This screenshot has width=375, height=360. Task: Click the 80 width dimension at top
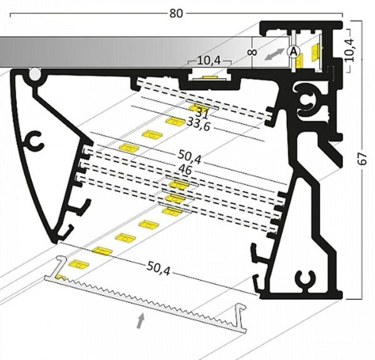click(x=176, y=13)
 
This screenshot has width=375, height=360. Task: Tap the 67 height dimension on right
click(x=362, y=158)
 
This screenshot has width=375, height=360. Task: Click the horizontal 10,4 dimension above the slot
click(x=209, y=61)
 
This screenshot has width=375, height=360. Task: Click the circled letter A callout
click(x=293, y=51)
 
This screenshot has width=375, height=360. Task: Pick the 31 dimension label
click(x=202, y=113)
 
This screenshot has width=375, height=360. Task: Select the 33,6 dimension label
click(x=198, y=125)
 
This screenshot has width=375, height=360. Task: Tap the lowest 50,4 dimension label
click(x=158, y=269)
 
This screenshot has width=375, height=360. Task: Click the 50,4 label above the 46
click(x=190, y=157)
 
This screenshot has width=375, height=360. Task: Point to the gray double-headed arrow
click(x=275, y=54)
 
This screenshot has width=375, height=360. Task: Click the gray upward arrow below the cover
click(x=141, y=321)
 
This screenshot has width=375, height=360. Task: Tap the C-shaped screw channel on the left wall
click(x=34, y=141)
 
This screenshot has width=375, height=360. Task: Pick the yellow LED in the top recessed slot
click(x=210, y=78)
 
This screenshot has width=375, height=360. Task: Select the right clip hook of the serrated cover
click(x=240, y=317)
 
